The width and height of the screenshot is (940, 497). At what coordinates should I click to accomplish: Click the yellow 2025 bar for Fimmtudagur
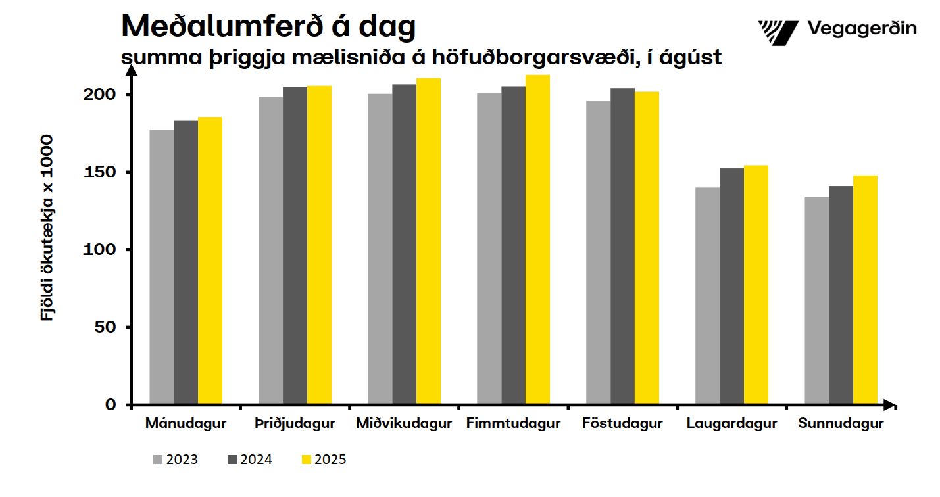(537, 239)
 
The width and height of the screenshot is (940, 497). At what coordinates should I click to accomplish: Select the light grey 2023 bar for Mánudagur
(162, 266)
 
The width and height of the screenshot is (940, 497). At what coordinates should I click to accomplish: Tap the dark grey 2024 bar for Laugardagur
(731, 286)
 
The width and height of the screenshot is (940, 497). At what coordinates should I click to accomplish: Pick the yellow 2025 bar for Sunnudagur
(865, 289)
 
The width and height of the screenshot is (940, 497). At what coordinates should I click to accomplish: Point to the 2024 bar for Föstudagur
(622, 246)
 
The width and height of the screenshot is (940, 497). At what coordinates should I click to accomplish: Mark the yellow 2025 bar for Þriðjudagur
(319, 245)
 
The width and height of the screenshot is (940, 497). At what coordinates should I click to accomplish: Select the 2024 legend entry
(249, 460)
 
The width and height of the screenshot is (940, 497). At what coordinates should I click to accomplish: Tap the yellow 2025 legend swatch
(306, 460)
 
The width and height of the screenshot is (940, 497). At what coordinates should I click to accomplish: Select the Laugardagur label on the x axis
(731, 423)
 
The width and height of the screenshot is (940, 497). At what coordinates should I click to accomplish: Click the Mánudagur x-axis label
(186, 423)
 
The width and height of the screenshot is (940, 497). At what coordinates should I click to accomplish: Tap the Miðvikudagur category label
(404, 423)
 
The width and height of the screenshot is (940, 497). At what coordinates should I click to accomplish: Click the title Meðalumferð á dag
(268, 26)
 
